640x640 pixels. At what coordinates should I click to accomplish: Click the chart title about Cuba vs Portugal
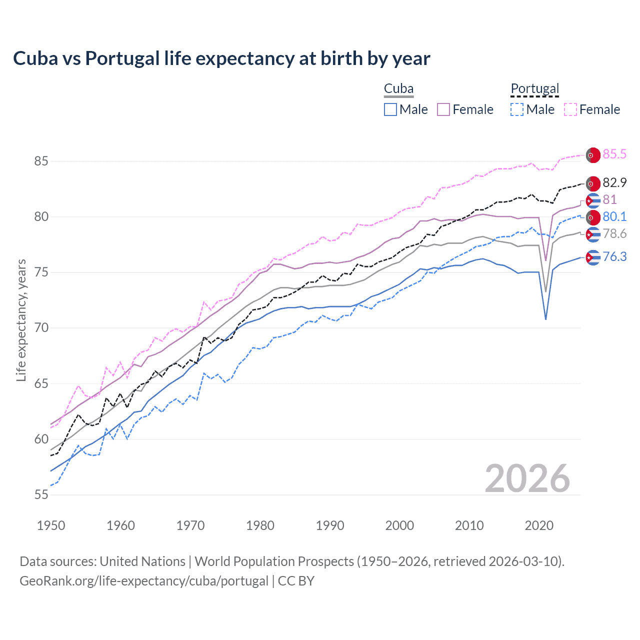coord(221,58)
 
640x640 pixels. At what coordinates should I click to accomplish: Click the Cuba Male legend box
coord(390,109)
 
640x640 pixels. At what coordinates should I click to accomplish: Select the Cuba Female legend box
coord(444,109)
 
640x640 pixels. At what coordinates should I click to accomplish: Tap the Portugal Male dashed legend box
coord(517,109)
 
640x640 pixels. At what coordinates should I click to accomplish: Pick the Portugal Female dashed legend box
coord(570,109)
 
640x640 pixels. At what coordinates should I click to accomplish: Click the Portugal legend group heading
coord(534,89)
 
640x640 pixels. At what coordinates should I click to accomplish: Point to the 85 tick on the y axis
coord(41,161)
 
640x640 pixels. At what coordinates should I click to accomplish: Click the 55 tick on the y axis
coord(41,495)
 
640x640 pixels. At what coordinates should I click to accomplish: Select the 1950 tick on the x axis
coord(51,525)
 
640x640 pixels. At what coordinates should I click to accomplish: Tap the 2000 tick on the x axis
coord(399,525)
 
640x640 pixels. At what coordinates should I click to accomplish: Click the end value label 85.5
coord(614,154)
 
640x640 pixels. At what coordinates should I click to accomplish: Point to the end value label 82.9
coord(614,183)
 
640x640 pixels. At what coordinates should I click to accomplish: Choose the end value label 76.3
coord(614,257)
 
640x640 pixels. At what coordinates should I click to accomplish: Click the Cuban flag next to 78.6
coord(593,234)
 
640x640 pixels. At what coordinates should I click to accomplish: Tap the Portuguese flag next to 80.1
coord(593,217)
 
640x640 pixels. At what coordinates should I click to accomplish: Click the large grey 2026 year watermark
coord(527,478)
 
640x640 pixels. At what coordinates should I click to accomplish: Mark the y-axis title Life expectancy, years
coord(21,320)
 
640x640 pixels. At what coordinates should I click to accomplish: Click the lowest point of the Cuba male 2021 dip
coord(545,319)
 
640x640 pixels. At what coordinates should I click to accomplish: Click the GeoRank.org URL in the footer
coord(144,581)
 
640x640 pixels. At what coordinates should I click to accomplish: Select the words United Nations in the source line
coord(142,561)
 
